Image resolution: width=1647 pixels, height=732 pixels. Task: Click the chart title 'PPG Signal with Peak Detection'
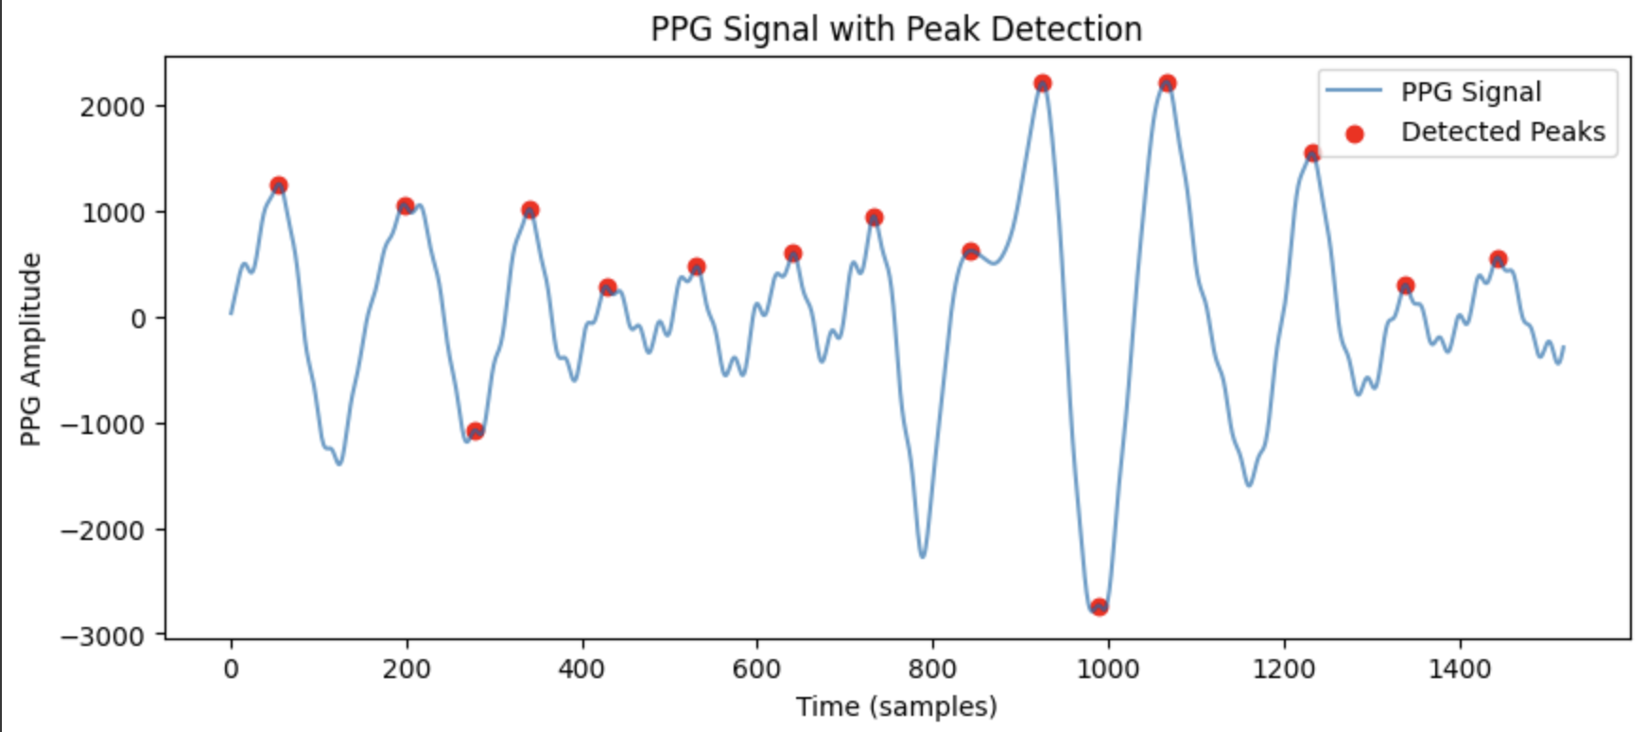pos(895,29)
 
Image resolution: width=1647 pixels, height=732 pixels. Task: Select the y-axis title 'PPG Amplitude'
pos(31,349)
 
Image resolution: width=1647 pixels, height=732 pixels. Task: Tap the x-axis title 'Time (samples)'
pos(895,706)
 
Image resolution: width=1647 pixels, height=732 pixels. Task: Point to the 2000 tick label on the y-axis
pos(112,107)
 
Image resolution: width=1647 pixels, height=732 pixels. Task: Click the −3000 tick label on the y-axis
pos(103,636)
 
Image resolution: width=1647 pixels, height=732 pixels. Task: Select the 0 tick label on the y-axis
pos(138,319)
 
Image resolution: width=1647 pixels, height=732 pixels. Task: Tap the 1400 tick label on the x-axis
pos(1459,670)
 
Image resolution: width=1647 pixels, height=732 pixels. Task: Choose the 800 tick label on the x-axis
pos(932,670)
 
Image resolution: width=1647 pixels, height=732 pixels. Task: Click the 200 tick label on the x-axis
pos(407,670)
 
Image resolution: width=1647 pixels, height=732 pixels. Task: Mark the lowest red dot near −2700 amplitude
pos(1099,607)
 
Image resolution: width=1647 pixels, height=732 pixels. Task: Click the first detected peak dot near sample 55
pos(278,185)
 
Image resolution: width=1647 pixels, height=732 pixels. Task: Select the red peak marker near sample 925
pos(1043,83)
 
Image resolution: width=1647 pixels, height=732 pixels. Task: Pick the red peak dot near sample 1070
pos(1168,83)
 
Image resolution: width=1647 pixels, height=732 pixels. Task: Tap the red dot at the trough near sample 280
pos(475,431)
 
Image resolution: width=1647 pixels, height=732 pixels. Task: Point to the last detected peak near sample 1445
pos(1498,259)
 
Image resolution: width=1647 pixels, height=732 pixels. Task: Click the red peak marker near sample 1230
pos(1312,153)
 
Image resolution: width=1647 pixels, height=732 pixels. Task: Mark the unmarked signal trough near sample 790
pos(923,556)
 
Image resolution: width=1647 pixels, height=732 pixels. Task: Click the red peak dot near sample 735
pos(875,218)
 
